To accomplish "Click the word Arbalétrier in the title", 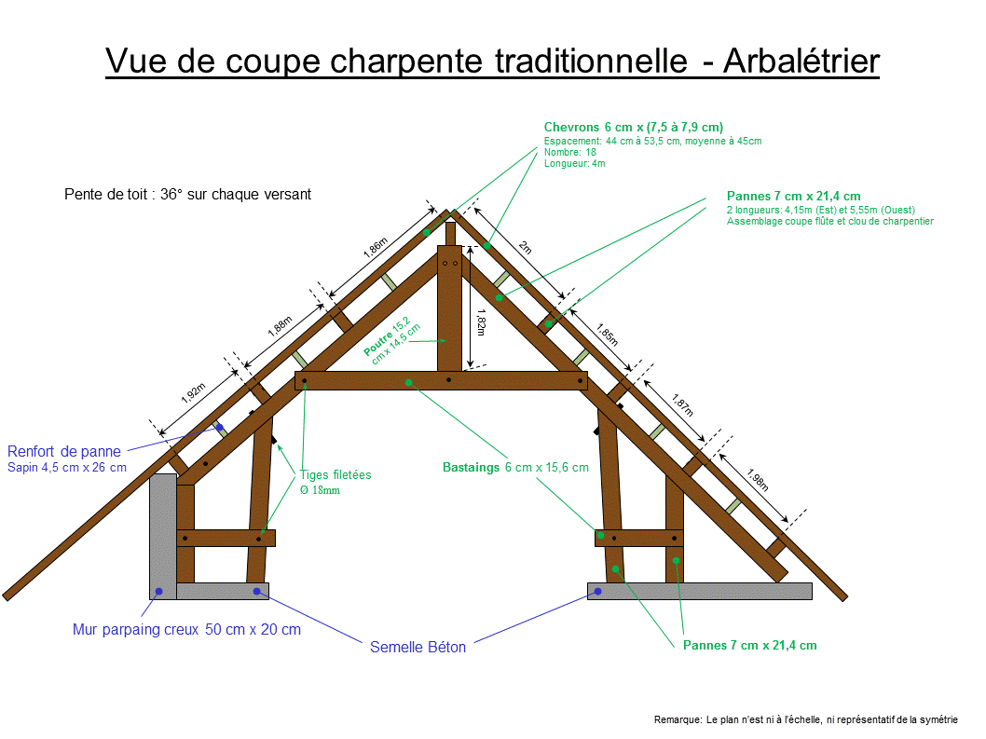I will point(801,61).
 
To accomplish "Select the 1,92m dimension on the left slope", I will point(193,393).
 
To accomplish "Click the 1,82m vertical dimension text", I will point(481,325).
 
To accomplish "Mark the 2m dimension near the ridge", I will point(525,247).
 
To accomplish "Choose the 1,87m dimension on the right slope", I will point(682,403).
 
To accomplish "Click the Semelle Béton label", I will point(418,647).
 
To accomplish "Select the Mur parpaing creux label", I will point(186,629).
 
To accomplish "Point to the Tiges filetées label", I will point(336,474).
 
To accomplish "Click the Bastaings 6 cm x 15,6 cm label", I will point(515,467).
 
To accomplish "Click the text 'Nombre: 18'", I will point(570,152).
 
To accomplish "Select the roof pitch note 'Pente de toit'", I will point(187,195).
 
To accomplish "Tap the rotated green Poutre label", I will point(392,340).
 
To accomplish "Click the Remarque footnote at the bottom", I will point(805,719).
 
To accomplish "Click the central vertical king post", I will point(450,308).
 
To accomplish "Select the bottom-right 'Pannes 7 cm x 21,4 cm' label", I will point(749,645).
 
